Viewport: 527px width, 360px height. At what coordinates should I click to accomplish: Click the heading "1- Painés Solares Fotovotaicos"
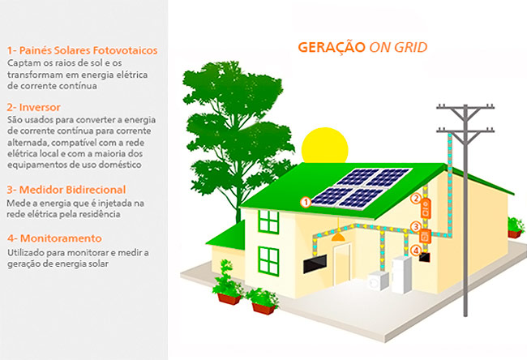click(x=83, y=50)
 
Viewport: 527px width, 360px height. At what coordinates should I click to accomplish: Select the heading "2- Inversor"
click(x=33, y=107)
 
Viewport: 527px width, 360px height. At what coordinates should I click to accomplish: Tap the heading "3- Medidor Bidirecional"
click(x=66, y=190)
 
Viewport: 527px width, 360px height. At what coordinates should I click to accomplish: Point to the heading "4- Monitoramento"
click(x=54, y=238)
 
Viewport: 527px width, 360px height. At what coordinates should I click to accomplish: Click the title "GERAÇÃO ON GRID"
click(x=362, y=47)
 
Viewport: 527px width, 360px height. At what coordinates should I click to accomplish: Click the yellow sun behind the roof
click(x=324, y=145)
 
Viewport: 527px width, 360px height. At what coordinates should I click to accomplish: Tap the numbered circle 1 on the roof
click(x=306, y=203)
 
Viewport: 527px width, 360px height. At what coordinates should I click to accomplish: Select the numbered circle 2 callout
click(x=416, y=199)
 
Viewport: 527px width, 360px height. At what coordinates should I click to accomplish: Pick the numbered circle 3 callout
click(x=416, y=227)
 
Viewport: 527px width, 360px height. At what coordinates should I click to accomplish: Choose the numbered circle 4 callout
click(x=416, y=251)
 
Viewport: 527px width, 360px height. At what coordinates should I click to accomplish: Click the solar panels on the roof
click(x=362, y=189)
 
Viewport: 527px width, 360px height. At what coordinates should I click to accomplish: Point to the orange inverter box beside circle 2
click(x=426, y=208)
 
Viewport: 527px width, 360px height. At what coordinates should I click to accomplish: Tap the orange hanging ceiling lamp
click(x=338, y=237)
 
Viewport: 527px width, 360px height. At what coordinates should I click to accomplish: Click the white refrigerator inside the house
click(x=401, y=274)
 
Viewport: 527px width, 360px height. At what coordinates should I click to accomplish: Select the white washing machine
click(x=379, y=281)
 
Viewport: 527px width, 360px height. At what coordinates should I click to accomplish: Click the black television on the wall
click(x=315, y=264)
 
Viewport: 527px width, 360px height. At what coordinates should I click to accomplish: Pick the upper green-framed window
click(x=268, y=222)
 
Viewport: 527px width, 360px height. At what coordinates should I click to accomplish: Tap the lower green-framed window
click(x=268, y=261)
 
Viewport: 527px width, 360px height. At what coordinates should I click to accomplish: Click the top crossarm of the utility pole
click(x=465, y=108)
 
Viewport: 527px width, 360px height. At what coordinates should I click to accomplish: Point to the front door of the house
click(x=342, y=264)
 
